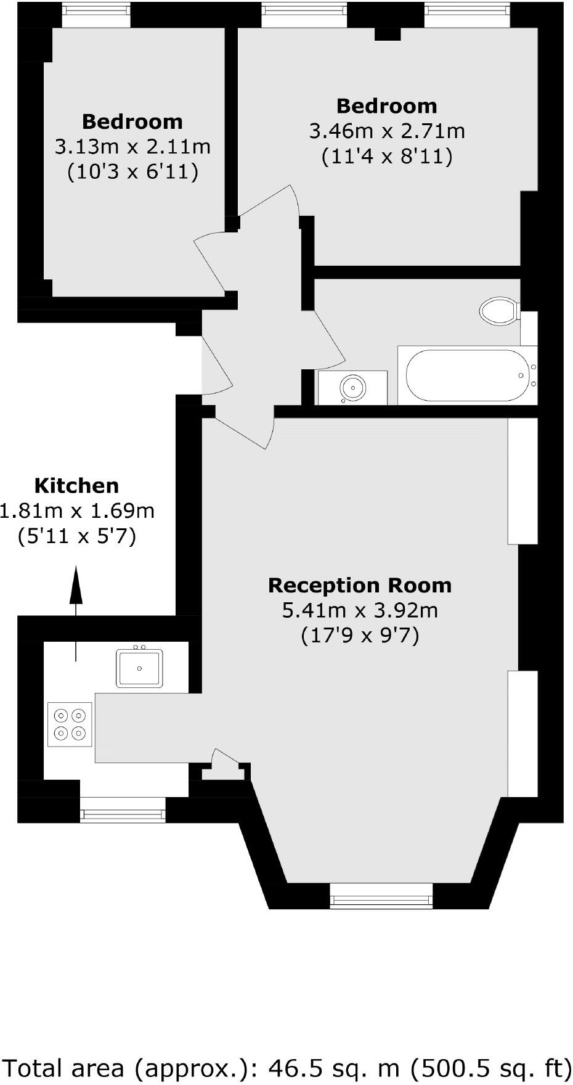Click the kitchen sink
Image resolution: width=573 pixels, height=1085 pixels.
140,668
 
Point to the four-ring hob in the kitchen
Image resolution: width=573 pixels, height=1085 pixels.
70,724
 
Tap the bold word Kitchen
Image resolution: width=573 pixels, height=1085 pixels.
76,486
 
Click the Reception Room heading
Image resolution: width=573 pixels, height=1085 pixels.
360,585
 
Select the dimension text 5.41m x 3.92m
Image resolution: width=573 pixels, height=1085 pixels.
360,610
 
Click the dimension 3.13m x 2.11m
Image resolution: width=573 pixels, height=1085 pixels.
132,147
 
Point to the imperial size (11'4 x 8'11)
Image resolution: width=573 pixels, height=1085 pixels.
387,157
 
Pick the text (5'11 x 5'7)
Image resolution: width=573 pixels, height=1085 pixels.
76,536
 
